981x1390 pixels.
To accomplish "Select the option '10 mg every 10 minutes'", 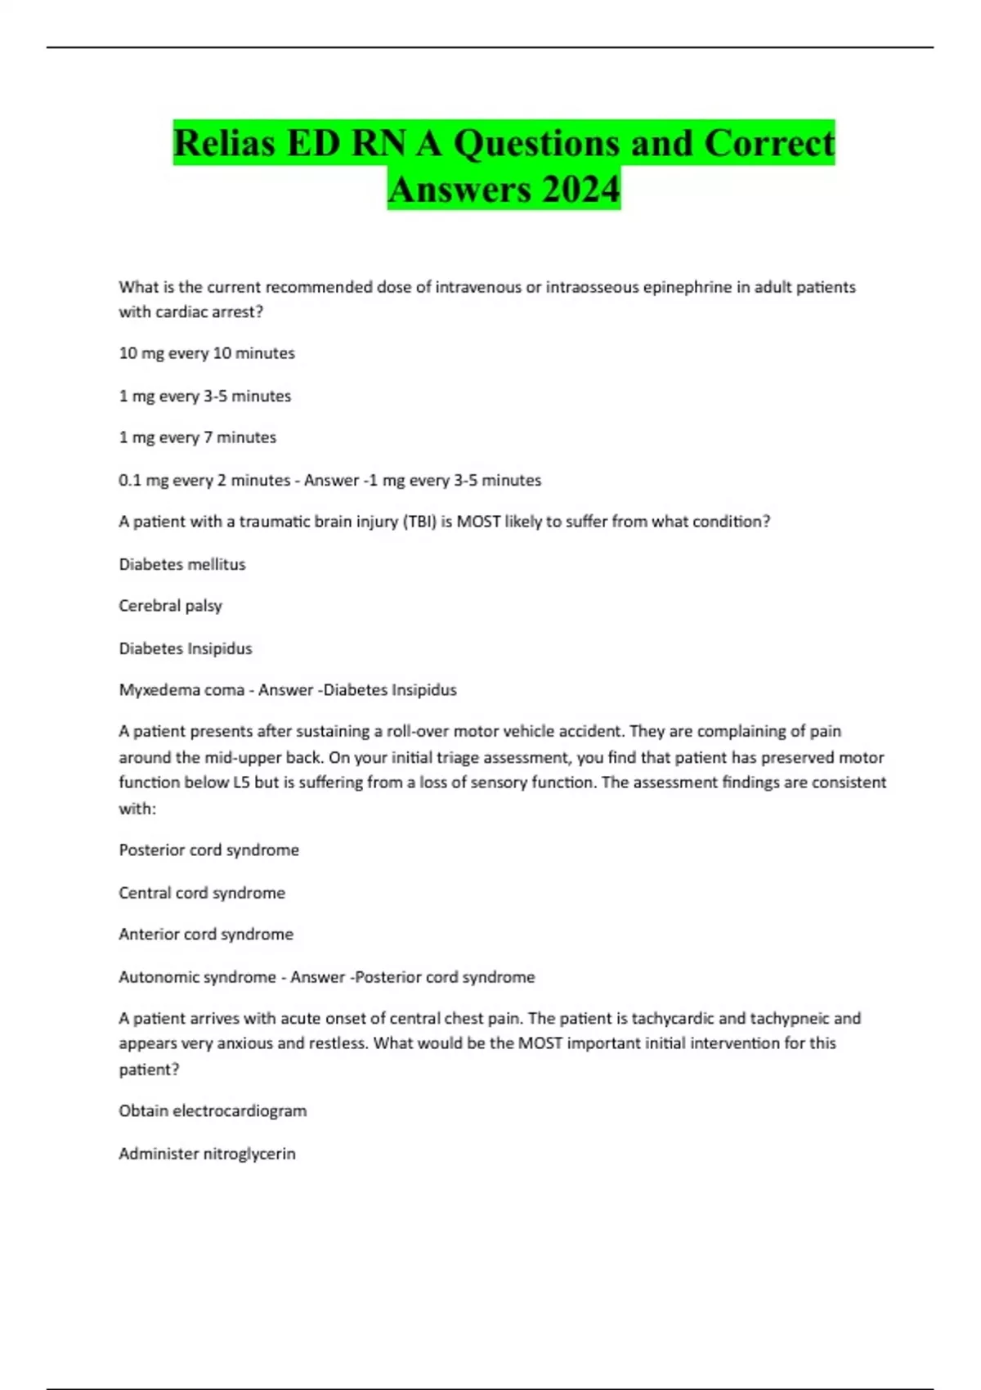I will tap(207, 353).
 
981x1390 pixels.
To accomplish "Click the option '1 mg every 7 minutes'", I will tap(198, 437).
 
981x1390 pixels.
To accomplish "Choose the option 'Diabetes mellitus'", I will tap(182, 564).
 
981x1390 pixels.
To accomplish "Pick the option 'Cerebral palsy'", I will tap(170, 606).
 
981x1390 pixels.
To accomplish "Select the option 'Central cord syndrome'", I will tap(202, 893).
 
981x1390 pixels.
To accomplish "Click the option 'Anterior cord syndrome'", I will tap(206, 935).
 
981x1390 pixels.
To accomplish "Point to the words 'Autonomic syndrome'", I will tap(197, 977).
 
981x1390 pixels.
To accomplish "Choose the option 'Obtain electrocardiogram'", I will tap(213, 1111).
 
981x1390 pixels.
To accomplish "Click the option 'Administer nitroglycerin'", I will tap(207, 1154).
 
